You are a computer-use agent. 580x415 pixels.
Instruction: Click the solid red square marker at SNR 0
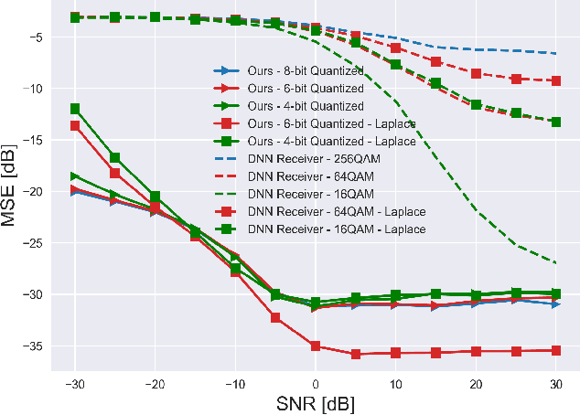[316, 346]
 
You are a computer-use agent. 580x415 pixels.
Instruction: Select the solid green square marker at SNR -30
[75, 109]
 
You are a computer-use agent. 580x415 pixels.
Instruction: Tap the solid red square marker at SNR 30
[555, 350]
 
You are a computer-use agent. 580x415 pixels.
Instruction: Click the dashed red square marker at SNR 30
[555, 80]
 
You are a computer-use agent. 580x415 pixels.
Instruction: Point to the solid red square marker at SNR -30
[75, 125]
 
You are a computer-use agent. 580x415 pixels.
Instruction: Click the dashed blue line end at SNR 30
[555, 54]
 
